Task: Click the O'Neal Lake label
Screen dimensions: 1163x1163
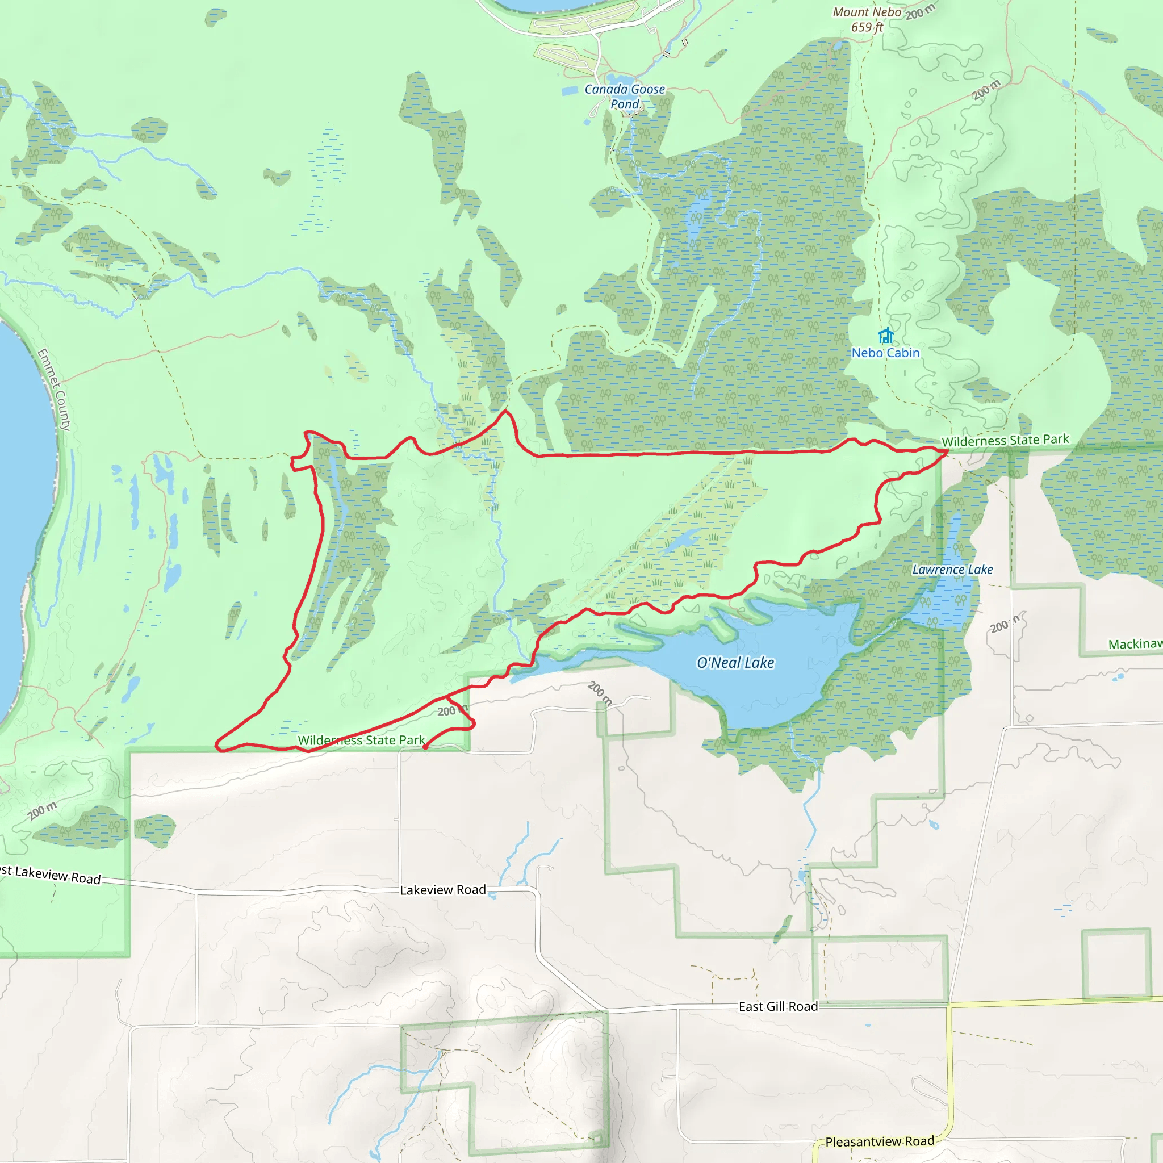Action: pyautogui.click(x=735, y=663)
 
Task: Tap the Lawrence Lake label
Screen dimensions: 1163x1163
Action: pyautogui.click(x=952, y=570)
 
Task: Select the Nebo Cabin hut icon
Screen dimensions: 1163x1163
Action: pyautogui.click(x=885, y=335)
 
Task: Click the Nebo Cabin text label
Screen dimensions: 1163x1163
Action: pyautogui.click(x=885, y=353)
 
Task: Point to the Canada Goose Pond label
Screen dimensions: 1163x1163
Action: pyautogui.click(x=625, y=97)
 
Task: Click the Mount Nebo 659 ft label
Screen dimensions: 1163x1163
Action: pyautogui.click(x=867, y=19)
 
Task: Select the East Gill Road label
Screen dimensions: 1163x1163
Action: pyautogui.click(x=778, y=1006)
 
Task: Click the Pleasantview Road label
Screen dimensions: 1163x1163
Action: pyautogui.click(x=880, y=1142)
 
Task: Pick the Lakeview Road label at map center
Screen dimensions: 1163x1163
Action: pyautogui.click(x=442, y=890)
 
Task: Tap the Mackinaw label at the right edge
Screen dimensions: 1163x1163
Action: pyautogui.click(x=1135, y=644)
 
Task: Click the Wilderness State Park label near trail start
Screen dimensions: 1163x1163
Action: pyautogui.click(x=361, y=741)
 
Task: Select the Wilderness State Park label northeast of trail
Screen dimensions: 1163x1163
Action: pyautogui.click(x=1005, y=441)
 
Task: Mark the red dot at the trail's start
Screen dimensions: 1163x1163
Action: pyautogui.click(x=425, y=747)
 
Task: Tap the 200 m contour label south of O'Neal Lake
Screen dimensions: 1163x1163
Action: pyautogui.click(x=600, y=693)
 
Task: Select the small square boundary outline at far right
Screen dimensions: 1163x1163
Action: pyautogui.click(x=1116, y=964)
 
